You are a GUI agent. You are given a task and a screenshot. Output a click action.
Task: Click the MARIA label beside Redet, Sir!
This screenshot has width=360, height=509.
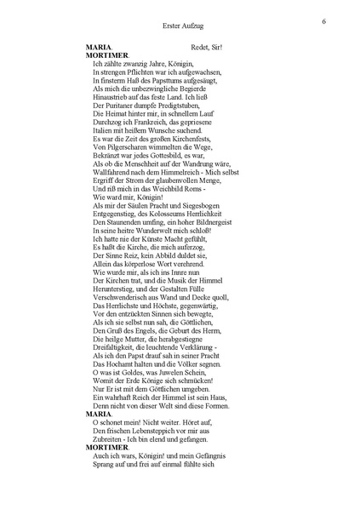click(103, 47)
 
